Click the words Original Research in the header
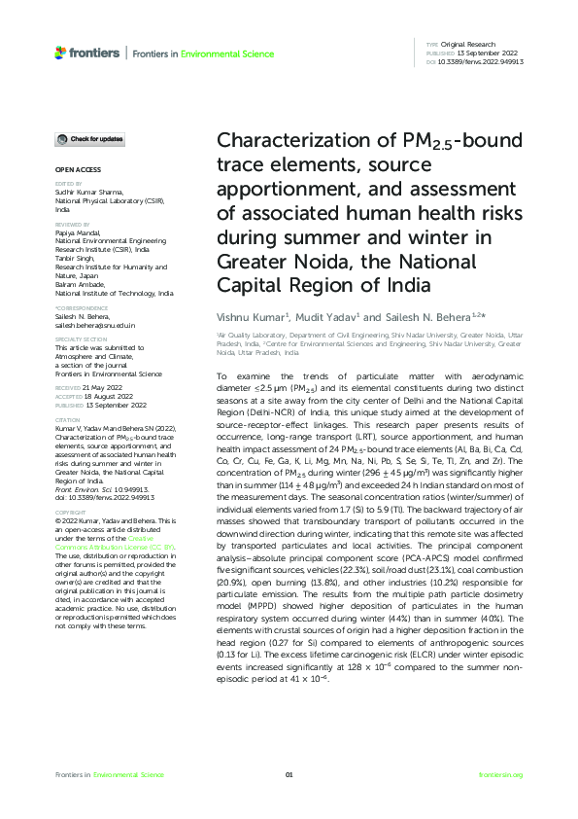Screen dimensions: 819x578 (470, 45)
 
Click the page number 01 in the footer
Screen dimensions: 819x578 (289, 774)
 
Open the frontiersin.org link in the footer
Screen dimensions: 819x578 (501, 774)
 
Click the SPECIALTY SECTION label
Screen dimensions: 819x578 (79, 339)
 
